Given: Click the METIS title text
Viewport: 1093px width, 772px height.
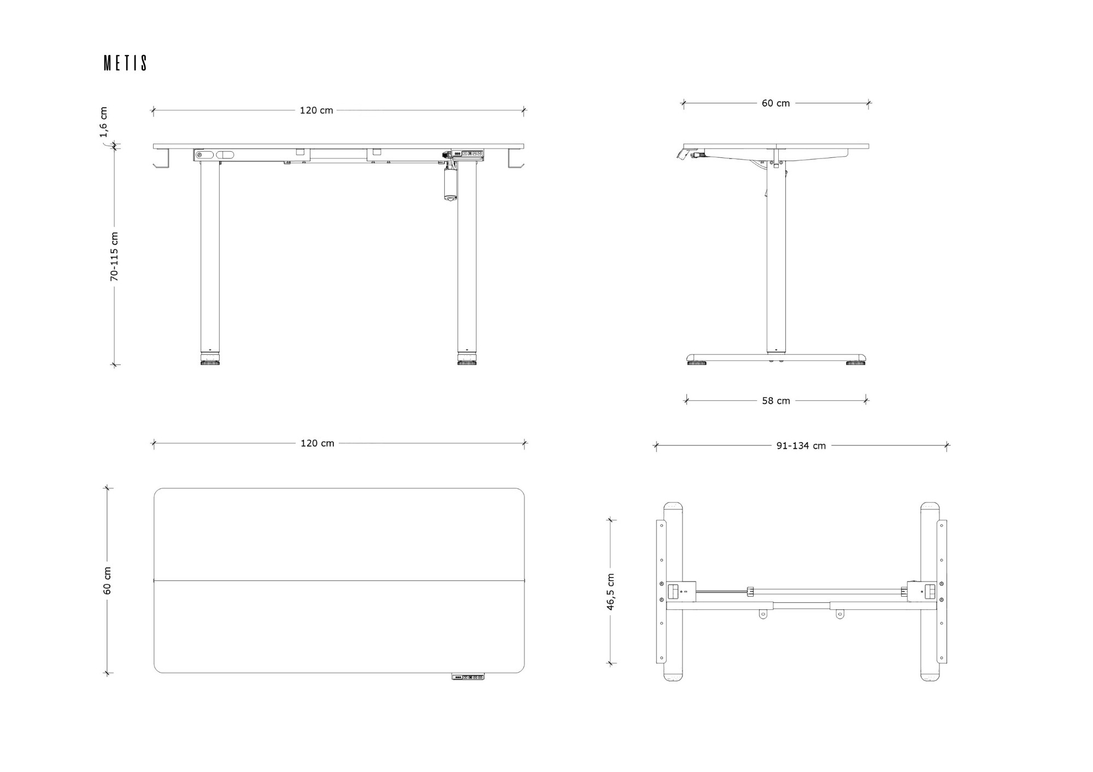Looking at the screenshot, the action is [x=125, y=63].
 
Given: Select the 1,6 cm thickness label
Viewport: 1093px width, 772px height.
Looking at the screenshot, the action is [x=103, y=122].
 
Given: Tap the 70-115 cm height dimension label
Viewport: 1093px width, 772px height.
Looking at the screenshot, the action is [x=114, y=257].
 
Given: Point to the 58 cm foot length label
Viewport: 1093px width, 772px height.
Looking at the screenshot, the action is [x=776, y=401].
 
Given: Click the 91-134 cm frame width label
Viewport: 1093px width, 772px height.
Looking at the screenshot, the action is [x=801, y=446].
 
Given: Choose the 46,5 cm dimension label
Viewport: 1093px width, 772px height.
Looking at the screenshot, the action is [x=610, y=592].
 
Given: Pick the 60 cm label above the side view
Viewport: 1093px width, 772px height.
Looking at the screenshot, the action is [x=775, y=103].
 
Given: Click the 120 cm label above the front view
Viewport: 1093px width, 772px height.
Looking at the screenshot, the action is [x=316, y=110].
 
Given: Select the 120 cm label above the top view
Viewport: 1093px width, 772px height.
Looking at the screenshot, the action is [x=317, y=443].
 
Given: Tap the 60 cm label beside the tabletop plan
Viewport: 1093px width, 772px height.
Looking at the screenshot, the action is [x=107, y=580].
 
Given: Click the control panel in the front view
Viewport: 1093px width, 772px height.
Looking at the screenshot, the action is [x=467, y=154].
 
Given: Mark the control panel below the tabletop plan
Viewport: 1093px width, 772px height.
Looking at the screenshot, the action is [x=468, y=677].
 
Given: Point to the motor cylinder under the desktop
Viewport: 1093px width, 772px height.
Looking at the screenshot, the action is [x=450, y=183].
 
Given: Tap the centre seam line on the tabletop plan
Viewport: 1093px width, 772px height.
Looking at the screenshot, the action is [x=339, y=580].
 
